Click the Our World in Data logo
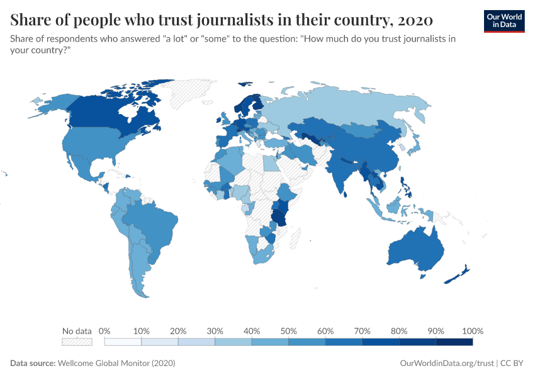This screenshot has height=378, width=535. tap(504, 21)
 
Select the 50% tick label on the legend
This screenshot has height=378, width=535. tap(289, 331)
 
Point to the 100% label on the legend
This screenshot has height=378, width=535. tap(472, 331)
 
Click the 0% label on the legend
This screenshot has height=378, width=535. tap(105, 331)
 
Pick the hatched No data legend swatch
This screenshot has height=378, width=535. tap(77, 342)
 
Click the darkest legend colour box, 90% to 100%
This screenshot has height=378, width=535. tap(454, 342)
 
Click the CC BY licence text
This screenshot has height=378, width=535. tap(512, 364)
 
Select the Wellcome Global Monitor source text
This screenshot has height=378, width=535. tap(116, 364)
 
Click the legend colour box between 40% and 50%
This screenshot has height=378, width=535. tap(270, 342)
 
